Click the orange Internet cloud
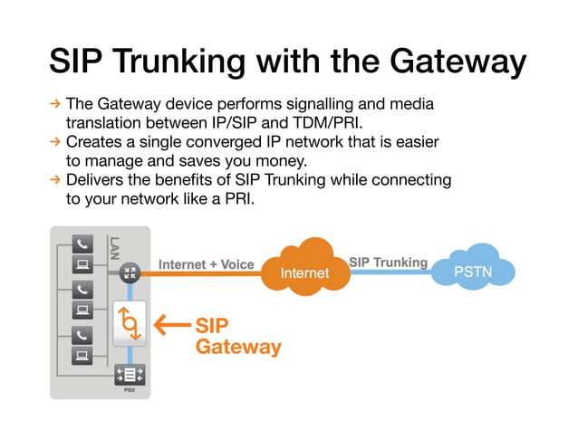304,268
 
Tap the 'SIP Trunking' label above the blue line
388,263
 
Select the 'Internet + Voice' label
207,264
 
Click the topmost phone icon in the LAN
82,244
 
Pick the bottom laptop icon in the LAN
82,354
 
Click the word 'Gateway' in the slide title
458,62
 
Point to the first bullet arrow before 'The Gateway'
54,105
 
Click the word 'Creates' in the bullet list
93,142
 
